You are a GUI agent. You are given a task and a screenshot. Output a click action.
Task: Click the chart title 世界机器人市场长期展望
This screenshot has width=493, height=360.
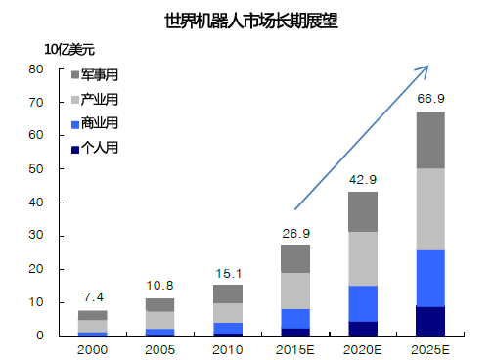246,20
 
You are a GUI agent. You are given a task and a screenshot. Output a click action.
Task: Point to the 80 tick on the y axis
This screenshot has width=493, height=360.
36,69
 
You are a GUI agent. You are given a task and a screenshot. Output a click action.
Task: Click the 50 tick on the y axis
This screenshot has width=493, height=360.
36,169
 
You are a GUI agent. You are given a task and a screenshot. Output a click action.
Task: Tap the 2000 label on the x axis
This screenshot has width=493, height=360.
94,349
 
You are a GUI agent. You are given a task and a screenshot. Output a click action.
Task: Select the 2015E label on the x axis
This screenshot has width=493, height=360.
294,349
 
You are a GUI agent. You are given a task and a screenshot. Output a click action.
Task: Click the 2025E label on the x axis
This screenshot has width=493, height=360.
430,349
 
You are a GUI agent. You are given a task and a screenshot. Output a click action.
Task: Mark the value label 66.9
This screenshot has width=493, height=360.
430,99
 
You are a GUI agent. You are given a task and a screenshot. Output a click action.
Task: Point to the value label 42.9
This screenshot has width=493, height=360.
363,180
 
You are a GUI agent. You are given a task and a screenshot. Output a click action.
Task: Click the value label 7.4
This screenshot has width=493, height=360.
94,297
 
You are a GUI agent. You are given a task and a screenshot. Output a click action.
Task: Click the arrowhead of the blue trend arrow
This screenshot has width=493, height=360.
426,68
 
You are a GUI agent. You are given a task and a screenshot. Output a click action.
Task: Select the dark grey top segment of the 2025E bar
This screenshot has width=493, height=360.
430,140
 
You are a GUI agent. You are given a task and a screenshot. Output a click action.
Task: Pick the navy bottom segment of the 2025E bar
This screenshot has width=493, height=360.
430,321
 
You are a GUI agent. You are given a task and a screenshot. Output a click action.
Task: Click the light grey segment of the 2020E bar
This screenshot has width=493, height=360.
363,258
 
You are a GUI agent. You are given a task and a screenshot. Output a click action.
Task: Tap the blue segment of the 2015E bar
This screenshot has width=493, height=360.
295,318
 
